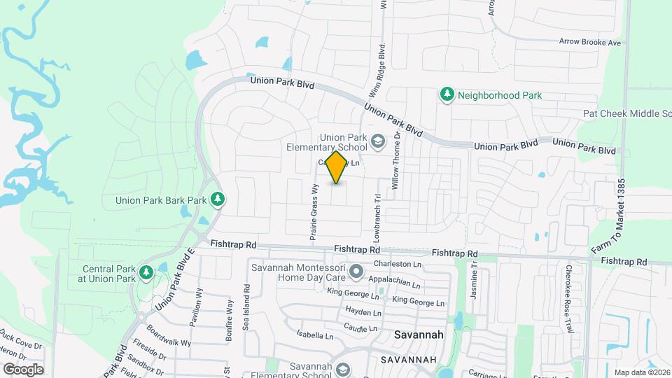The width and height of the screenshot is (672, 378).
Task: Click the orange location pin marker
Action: tap(337, 167)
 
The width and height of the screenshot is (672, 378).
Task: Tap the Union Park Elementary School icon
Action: tap(378, 142)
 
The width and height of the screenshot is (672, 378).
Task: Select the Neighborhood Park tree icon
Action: tap(447, 94)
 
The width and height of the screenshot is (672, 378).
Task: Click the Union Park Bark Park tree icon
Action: tap(218, 199)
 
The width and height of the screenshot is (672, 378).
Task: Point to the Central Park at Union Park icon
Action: tap(146, 272)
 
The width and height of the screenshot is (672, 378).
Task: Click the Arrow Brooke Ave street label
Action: tap(589, 43)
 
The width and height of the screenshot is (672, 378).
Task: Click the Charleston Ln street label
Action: tap(398, 264)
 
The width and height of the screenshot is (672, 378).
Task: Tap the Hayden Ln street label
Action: tap(363, 311)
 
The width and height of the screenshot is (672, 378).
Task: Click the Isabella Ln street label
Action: tap(314, 334)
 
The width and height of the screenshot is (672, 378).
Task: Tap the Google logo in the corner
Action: tap(23, 369)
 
